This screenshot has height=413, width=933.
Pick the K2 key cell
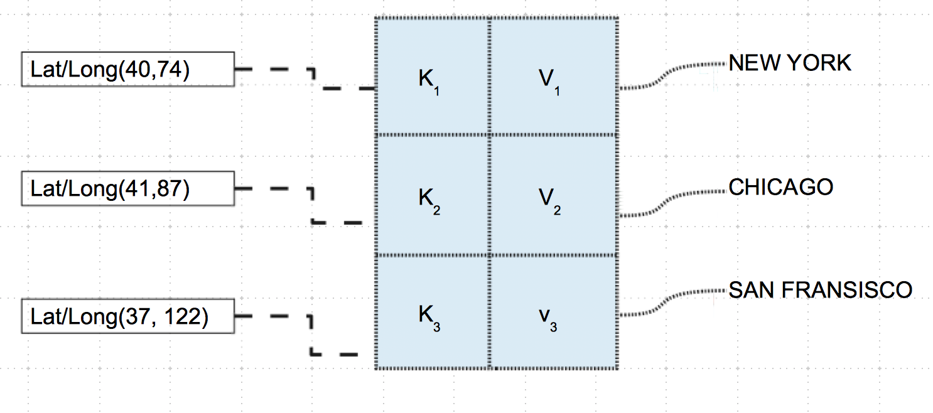(432, 196)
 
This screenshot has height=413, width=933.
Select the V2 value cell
(553, 196)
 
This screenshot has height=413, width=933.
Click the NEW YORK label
(790, 63)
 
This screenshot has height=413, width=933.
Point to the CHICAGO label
(780, 186)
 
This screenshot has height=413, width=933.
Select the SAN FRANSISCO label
(820, 289)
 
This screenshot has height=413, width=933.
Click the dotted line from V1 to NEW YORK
(666, 75)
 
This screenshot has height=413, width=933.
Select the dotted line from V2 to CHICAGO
(666, 200)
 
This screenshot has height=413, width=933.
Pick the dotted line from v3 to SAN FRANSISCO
(666, 302)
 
